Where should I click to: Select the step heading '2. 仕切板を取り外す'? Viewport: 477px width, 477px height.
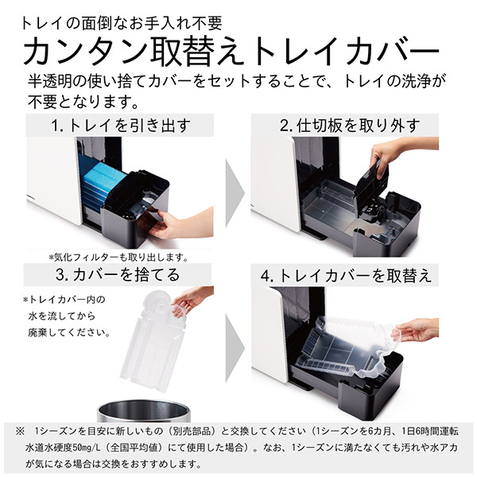(348, 126)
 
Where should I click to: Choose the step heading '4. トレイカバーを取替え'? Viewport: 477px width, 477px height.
(348, 276)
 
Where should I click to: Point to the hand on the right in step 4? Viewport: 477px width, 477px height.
(417, 328)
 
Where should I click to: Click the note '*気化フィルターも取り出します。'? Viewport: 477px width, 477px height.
(117, 257)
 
